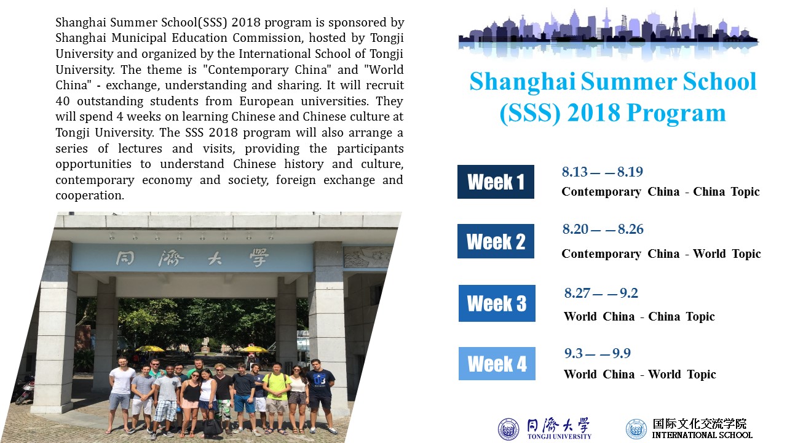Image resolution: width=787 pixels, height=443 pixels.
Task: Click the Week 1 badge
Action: tap(496, 182)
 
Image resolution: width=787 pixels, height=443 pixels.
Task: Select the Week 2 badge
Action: tap(496, 241)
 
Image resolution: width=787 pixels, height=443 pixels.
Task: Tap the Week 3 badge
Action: tap(497, 303)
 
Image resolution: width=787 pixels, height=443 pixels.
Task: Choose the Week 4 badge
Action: tap(497, 364)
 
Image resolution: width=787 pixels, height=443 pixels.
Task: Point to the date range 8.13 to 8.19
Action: tap(602, 172)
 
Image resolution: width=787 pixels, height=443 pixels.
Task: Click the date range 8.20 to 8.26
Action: tap(603, 229)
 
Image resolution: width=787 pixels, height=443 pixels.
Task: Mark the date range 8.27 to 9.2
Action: tap(601, 293)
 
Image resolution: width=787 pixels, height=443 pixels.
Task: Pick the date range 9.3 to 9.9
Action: tap(597, 353)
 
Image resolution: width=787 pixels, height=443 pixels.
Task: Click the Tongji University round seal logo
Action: tap(508, 429)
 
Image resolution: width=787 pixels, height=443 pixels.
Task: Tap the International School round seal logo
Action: tap(636, 429)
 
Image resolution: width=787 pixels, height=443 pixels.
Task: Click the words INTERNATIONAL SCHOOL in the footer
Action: tap(702, 435)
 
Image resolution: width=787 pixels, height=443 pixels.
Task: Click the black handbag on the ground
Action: tap(213, 426)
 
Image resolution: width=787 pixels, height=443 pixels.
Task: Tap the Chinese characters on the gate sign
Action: tap(192, 258)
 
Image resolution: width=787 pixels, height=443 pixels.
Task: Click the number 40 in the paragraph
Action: tap(63, 102)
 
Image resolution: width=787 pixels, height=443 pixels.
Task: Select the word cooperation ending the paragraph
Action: tap(90, 196)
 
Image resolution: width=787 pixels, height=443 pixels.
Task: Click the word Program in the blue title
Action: tap(676, 113)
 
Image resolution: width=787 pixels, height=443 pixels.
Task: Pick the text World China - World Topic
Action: tap(640, 375)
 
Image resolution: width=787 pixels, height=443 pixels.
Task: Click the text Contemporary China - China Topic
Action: tap(660, 191)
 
